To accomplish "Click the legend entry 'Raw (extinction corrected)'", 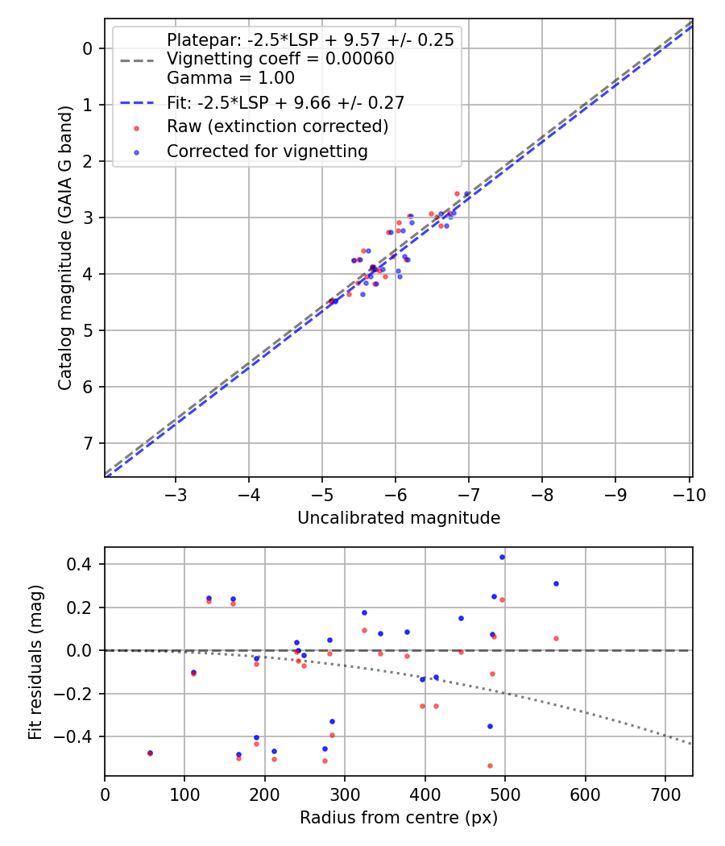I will [277, 126].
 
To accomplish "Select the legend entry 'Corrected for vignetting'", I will [267, 151].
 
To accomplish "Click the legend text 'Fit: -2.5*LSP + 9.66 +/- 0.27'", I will [285, 102].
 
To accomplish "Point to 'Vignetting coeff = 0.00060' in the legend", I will [280, 59].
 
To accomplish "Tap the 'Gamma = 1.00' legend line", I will [230, 78].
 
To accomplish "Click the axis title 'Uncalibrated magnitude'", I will [399, 518].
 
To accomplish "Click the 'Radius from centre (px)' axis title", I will [399, 818].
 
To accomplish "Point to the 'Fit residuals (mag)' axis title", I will [35, 662].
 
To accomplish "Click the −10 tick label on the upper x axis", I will [689, 495].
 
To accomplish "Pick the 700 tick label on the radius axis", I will [584, 794].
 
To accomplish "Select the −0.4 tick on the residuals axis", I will [78, 736].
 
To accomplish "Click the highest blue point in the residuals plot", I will [502, 557].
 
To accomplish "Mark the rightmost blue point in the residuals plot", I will [556, 583].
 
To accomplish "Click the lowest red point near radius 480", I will [490, 765].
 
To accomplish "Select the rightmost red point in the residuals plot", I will [556, 638].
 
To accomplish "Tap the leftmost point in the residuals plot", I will [150, 753].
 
